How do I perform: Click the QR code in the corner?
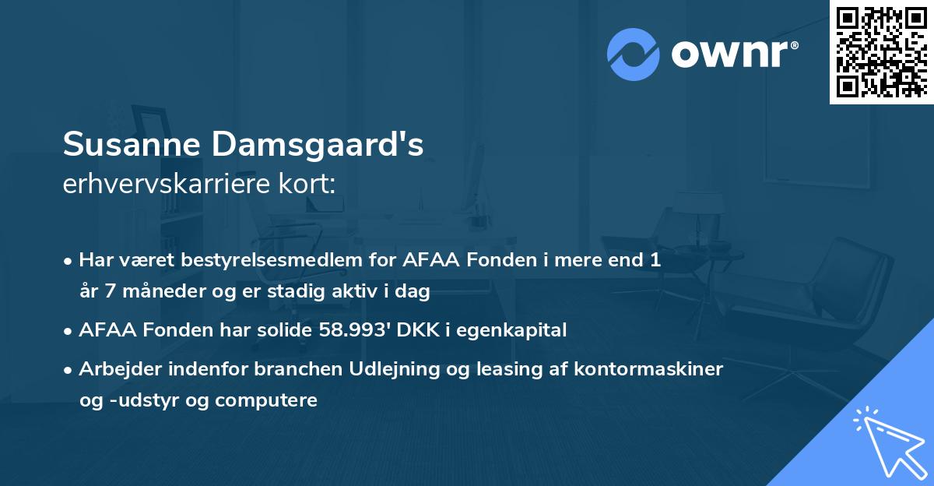click(881, 52)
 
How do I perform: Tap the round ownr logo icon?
click(634, 54)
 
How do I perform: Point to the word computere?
click(267, 400)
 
